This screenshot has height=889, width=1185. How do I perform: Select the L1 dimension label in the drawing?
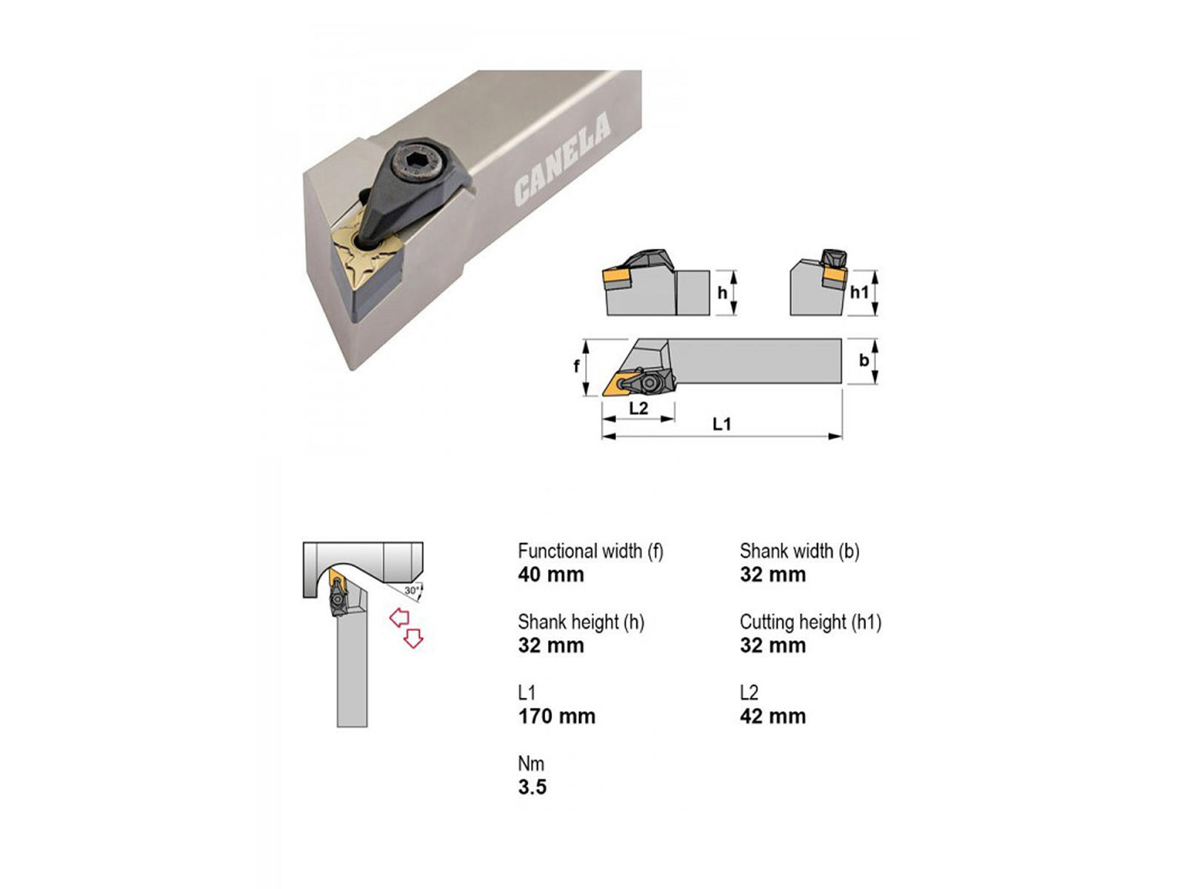pos(721,424)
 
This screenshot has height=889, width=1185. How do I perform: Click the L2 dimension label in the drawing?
pos(638,408)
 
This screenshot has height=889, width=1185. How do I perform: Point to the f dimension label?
pos(576,367)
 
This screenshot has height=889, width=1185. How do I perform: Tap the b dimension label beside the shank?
pos(864,360)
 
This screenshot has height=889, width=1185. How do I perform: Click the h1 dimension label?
pos(859,292)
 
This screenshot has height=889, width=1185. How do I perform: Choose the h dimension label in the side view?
pos(722,293)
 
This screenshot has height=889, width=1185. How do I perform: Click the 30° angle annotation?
pos(412,590)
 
